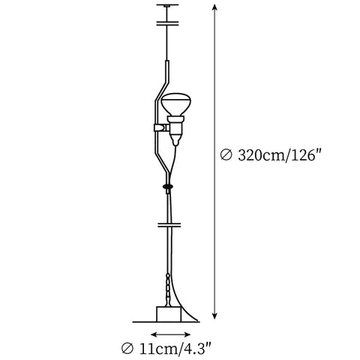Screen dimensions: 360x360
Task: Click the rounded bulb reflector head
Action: (176, 104)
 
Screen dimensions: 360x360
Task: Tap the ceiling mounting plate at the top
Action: (167, 5)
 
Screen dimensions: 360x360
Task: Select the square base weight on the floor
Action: (169, 314)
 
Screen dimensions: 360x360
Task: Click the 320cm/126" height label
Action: (279, 155)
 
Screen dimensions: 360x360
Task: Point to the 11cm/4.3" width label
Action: (175, 349)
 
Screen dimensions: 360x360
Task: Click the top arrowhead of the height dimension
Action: (214, 7)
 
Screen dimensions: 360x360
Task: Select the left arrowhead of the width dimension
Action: (154, 334)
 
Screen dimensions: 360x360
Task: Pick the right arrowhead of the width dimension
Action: (187, 334)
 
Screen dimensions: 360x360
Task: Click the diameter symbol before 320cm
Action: (226, 155)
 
